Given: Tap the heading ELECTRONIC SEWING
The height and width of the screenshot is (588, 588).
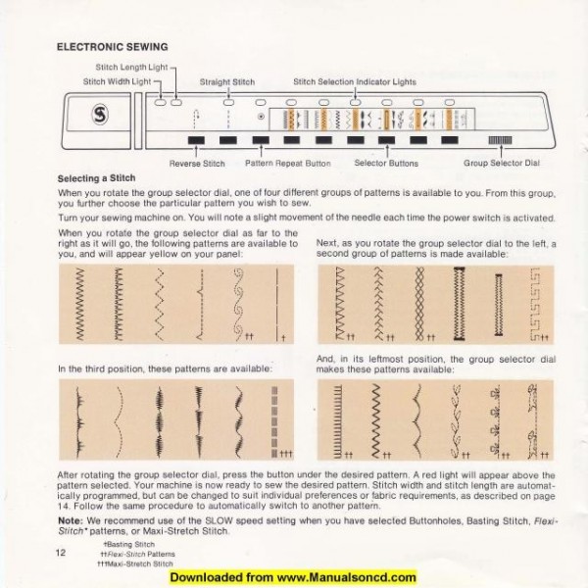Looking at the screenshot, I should (113, 46).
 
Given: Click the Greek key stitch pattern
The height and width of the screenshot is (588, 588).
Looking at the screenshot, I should (535, 303).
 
